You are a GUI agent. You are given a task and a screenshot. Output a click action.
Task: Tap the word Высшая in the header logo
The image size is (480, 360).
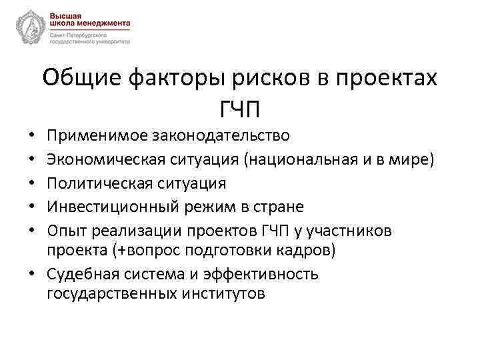pyautogui.click(x=65, y=14)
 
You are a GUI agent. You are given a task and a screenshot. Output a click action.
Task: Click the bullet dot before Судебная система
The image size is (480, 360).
pyautogui.click(x=33, y=274)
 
